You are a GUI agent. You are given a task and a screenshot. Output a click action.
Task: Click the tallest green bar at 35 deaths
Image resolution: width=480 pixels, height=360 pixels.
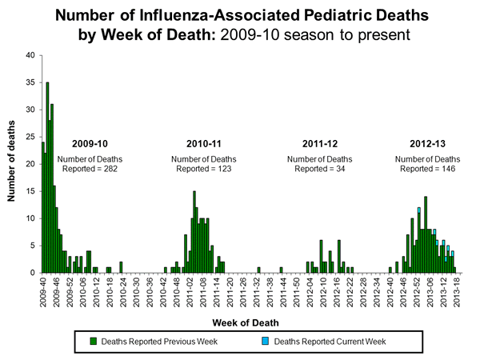[x=47, y=177]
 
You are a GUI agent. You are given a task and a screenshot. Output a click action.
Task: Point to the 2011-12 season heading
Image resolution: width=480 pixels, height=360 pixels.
[x=319, y=143]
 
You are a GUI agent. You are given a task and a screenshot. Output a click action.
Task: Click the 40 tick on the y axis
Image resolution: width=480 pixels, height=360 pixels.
[x=29, y=55]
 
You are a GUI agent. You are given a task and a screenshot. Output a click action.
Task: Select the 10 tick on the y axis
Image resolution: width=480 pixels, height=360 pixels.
[x=29, y=218]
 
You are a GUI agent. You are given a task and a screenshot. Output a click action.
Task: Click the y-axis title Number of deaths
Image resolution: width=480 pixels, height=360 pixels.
[x=10, y=164]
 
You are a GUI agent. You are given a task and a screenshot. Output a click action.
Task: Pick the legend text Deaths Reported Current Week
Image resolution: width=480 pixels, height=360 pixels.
[x=330, y=342]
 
